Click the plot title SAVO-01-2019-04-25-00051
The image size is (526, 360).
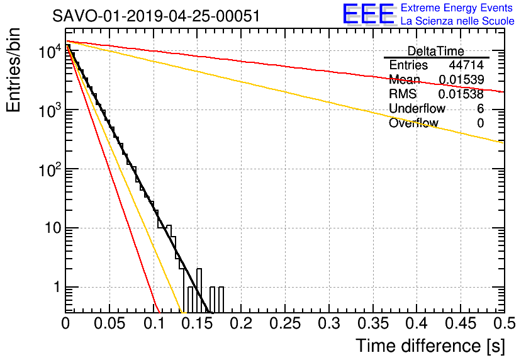click(156, 16)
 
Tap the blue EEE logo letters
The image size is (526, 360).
click(368, 14)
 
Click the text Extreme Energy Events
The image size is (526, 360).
click(457, 8)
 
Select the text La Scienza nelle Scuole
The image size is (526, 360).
click(457, 21)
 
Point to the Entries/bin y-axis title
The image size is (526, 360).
click(13, 70)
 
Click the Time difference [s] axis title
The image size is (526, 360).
click(430, 346)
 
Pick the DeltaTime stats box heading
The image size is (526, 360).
click(435, 51)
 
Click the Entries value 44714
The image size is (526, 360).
click(466, 65)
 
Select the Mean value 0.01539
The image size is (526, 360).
click(461, 79)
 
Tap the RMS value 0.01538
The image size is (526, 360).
click(461, 94)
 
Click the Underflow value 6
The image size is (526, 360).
click(480, 108)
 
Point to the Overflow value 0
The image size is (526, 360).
click(480, 123)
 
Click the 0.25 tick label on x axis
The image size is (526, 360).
click(285, 323)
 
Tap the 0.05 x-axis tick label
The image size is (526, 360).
click(109, 323)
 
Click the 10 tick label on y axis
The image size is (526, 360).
click(53, 228)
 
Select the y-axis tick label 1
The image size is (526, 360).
click(57, 288)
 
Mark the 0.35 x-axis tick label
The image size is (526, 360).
click(373, 323)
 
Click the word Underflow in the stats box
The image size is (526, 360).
click(417, 108)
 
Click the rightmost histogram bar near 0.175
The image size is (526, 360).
click(221, 300)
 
